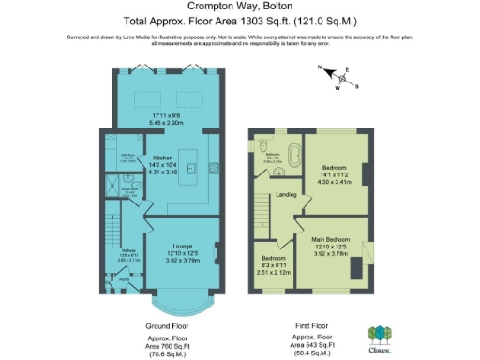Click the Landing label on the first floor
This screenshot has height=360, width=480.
[x=287, y=195]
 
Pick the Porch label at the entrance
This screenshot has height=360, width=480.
[x=123, y=279]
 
